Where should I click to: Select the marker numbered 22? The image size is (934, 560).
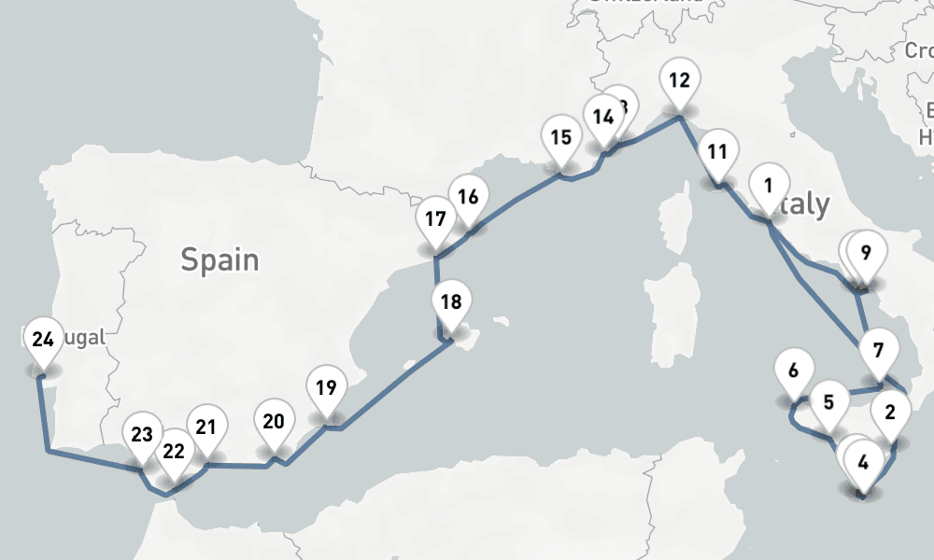pyautogui.click(x=173, y=452)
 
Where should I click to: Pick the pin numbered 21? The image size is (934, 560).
pyautogui.click(x=206, y=427)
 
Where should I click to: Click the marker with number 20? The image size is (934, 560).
pyautogui.click(x=274, y=421)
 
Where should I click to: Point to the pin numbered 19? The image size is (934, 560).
pyautogui.click(x=326, y=388)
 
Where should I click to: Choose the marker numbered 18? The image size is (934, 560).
pyautogui.click(x=451, y=302)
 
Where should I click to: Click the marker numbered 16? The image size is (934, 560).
pyautogui.click(x=469, y=197)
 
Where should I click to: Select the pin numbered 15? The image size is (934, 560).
pyautogui.click(x=560, y=138)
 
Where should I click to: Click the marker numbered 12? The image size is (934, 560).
pyautogui.click(x=679, y=79)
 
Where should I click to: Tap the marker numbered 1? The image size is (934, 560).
pyautogui.click(x=769, y=185)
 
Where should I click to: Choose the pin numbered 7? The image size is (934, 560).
pyautogui.click(x=877, y=352)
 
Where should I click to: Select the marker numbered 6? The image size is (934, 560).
pyautogui.click(x=793, y=371)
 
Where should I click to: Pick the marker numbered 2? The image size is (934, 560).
pyautogui.click(x=890, y=412)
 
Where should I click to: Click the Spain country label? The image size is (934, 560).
pyautogui.click(x=219, y=259)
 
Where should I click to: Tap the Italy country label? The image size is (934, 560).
pyautogui.click(x=803, y=204)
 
